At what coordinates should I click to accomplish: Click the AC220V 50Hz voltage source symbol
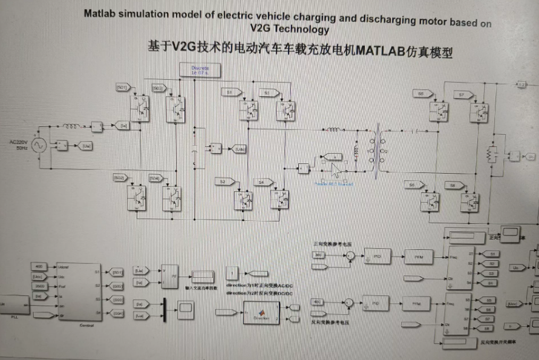point(41,146)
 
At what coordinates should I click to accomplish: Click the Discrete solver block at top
point(200,70)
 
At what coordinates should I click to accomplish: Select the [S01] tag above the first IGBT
point(122,88)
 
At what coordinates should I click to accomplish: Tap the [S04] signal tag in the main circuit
point(155,178)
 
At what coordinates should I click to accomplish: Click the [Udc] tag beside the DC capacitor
point(240,148)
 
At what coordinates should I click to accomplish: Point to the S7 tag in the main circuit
point(463,95)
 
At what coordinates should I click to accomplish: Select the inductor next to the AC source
point(72,126)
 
